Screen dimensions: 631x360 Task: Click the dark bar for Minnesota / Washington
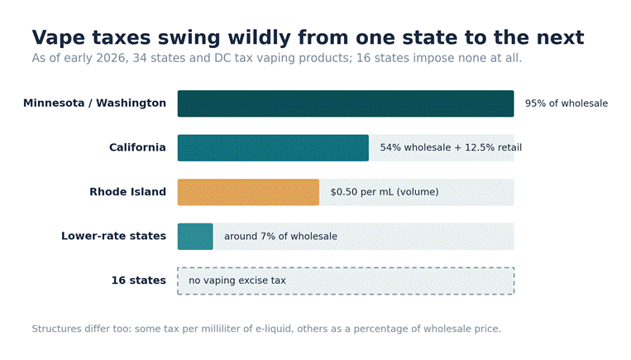coord(346,103)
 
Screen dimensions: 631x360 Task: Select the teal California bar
coord(273,148)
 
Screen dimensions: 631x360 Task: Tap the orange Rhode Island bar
coord(248,192)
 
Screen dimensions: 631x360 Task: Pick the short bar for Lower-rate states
coord(195,237)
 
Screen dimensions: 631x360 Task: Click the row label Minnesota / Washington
coord(94,103)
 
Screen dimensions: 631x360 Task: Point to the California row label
coord(137,147)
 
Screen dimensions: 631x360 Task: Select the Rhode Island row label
coord(128,192)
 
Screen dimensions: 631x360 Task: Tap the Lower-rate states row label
coord(114,236)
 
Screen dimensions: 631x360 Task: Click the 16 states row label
coord(139,281)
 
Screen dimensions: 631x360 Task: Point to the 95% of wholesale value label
coord(566,103)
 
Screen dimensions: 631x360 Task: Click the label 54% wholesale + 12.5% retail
coord(451,147)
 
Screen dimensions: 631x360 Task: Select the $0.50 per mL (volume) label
coord(385,192)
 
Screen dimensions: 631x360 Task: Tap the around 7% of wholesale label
coord(281,236)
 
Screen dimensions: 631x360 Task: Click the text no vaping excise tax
coord(237,281)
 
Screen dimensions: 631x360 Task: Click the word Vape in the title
coord(59,38)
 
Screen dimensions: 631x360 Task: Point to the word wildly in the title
coord(259,38)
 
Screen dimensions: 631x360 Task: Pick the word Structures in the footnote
coord(57,329)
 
